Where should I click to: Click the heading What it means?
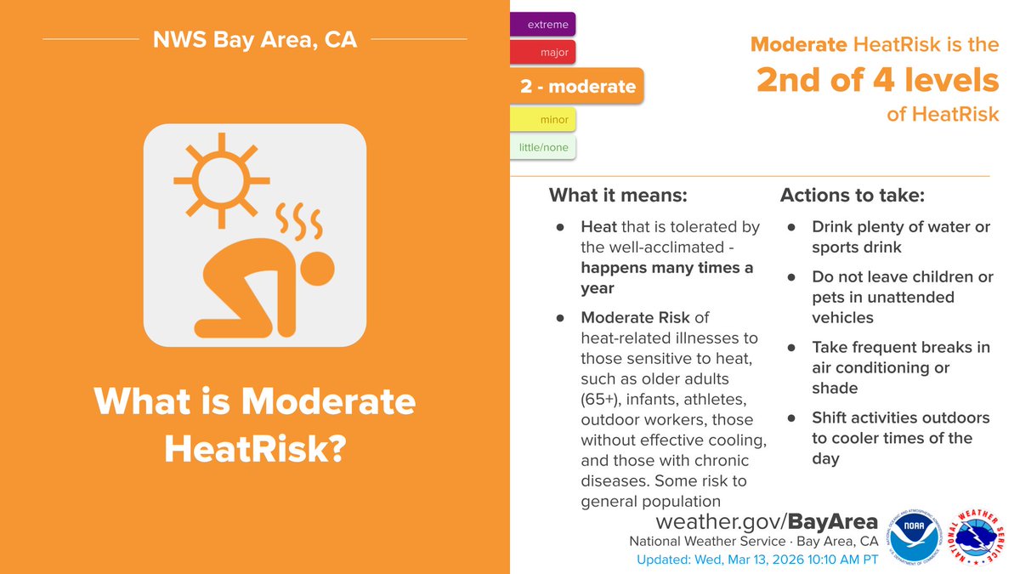(618, 195)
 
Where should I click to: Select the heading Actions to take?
(853, 195)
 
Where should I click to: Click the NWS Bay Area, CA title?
(255, 39)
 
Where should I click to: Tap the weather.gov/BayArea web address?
(755, 520)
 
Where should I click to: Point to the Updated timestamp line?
(757, 560)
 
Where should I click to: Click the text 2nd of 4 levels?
(878, 80)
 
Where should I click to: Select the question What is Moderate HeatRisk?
(255, 425)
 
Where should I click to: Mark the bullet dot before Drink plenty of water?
(791, 228)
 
